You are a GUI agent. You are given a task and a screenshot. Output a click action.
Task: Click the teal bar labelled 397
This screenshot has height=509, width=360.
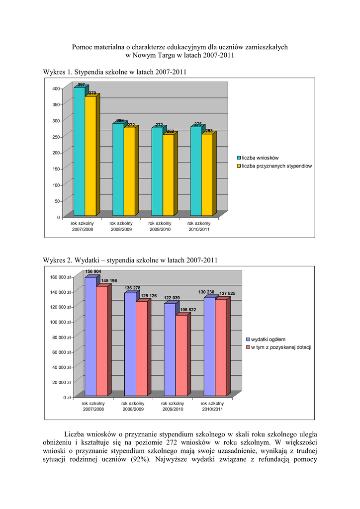79,152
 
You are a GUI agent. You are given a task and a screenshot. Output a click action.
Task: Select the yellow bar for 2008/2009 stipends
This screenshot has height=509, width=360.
129,171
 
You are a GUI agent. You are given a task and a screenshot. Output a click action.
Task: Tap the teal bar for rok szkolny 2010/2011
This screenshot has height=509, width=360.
196,171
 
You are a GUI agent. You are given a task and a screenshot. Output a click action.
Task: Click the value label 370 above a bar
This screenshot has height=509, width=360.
92,93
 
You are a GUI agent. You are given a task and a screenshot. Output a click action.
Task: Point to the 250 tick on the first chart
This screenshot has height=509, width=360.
55,137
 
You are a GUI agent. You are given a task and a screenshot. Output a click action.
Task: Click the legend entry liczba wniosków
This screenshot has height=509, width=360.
260,158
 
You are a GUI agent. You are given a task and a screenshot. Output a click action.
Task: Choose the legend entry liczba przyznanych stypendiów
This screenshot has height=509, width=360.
276,166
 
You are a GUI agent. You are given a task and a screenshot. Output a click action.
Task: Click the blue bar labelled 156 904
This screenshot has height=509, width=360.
90,336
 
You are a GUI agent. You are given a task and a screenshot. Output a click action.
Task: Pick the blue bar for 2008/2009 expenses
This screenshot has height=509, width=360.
130,344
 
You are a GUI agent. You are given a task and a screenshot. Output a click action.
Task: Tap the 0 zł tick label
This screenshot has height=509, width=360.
66,398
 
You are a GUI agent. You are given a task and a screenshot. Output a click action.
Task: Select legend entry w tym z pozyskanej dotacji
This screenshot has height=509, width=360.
280,347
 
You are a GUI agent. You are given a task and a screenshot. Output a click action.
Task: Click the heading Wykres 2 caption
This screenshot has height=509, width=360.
131,260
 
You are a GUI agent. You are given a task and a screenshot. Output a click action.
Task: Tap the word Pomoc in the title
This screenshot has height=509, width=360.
83,47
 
